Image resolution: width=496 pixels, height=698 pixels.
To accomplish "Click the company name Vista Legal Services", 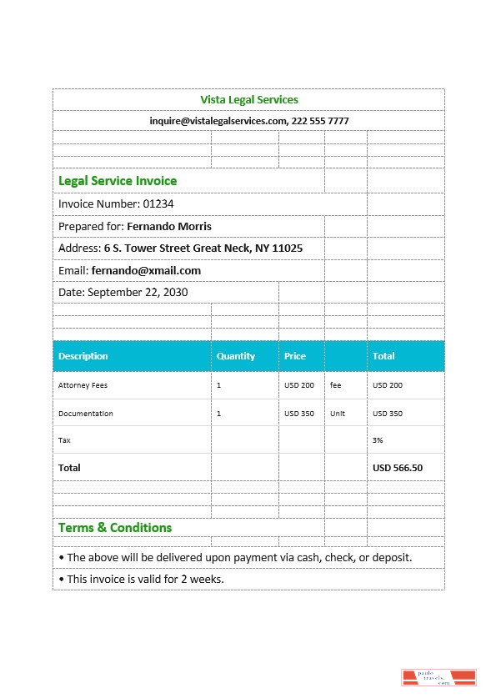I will (248, 100).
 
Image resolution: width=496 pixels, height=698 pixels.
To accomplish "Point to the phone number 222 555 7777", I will (320, 121).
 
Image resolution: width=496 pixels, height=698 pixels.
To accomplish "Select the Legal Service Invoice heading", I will (118, 181).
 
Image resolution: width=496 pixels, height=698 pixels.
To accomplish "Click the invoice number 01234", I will (158, 204).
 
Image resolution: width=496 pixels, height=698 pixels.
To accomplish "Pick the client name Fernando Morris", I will (169, 227).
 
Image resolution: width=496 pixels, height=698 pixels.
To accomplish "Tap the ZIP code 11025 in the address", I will (288, 249).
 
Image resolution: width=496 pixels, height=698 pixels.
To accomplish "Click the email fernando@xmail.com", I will (146, 271).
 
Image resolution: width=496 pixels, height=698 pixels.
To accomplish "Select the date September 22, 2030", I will (138, 293).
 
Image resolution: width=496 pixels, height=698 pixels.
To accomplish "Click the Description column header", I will (83, 356).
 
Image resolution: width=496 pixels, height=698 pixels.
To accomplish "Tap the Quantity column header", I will (236, 356).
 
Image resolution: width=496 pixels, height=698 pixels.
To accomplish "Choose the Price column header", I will (295, 356).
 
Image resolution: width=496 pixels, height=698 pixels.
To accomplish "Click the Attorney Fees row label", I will (83, 385).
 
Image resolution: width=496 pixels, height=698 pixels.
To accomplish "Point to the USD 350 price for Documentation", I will (299, 414).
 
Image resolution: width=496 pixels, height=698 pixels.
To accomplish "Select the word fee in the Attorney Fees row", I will (336, 385).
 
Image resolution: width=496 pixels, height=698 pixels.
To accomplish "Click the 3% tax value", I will (378, 439).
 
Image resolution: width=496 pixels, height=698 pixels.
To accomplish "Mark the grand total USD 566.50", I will (398, 468).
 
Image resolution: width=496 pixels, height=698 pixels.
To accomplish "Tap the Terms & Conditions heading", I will (115, 528).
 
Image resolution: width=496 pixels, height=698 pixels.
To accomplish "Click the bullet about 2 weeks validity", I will (141, 579).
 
